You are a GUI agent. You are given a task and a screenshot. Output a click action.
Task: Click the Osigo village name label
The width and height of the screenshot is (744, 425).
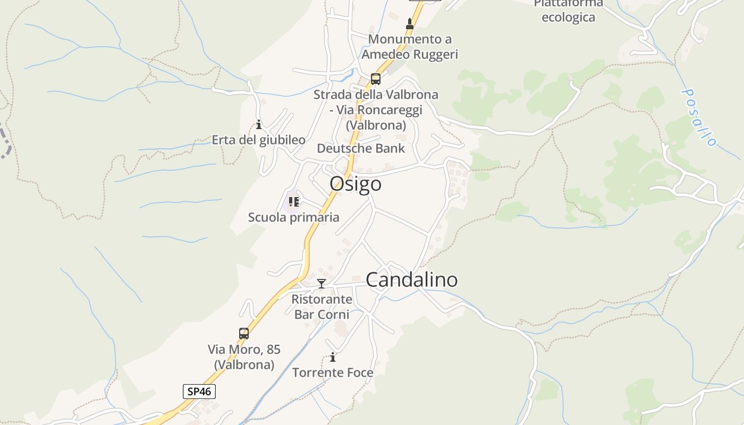tap(356, 184)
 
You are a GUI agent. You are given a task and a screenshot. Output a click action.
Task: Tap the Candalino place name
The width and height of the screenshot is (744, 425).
tap(412, 280)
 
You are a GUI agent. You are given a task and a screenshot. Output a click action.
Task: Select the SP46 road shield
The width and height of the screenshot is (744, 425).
tap(199, 392)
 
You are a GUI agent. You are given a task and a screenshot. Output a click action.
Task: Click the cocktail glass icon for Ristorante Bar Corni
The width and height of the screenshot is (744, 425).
tap(321, 284)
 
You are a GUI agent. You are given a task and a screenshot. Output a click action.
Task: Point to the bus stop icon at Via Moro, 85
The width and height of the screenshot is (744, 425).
tap(244, 334)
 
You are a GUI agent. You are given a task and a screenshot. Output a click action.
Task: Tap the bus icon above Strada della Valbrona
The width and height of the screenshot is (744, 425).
tap(376, 79)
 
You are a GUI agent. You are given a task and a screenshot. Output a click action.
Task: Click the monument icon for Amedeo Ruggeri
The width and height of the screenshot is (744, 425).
tap(410, 24)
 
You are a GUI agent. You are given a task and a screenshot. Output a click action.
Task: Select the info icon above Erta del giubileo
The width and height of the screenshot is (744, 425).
tap(259, 125)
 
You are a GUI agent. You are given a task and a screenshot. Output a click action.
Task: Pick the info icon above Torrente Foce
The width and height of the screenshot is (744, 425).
tap(333, 357)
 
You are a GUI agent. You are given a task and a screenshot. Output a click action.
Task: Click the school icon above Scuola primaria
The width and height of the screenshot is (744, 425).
tap(294, 202)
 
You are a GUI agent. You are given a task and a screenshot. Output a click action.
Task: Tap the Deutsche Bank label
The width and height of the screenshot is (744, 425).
tap(361, 148)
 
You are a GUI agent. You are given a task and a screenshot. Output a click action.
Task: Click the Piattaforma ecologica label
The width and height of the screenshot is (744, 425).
tap(568, 11)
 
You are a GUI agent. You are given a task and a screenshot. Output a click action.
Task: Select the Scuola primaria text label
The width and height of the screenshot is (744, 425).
tap(293, 217)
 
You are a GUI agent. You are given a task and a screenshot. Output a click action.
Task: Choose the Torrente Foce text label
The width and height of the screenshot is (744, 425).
tap(333, 372)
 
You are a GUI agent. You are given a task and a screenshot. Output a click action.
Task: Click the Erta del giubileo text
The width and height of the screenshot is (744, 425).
tap(259, 140)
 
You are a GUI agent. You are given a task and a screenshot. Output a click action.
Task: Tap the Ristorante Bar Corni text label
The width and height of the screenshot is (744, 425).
tap(322, 307)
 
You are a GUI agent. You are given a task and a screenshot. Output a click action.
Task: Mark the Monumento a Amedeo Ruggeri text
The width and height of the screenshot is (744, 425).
tap(410, 47)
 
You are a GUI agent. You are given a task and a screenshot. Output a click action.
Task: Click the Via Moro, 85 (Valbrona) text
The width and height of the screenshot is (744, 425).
tap(244, 357)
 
